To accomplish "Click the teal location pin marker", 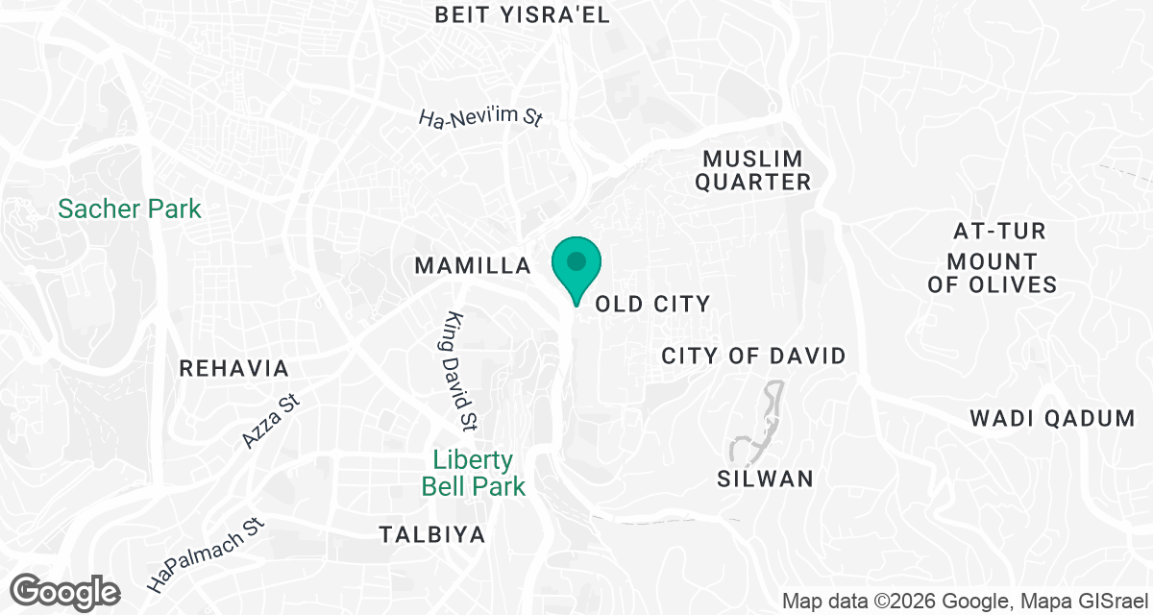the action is click(576, 264).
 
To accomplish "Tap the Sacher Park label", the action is click(130, 209).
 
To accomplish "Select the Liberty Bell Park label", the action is click(474, 473).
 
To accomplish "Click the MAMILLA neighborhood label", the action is click(473, 266).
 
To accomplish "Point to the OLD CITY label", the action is click(653, 305).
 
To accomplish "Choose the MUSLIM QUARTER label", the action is click(752, 169).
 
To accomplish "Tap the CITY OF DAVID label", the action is click(753, 357).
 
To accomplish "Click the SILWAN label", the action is click(766, 479).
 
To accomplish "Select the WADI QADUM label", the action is click(1052, 419).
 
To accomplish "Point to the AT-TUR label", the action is click(999, 232).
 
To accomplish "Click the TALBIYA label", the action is click(431, 534).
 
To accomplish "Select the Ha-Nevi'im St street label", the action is click(481, 118).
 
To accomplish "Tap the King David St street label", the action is click(463, 370).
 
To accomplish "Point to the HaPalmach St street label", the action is click(206, 555).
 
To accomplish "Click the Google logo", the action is click(65, 591).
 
